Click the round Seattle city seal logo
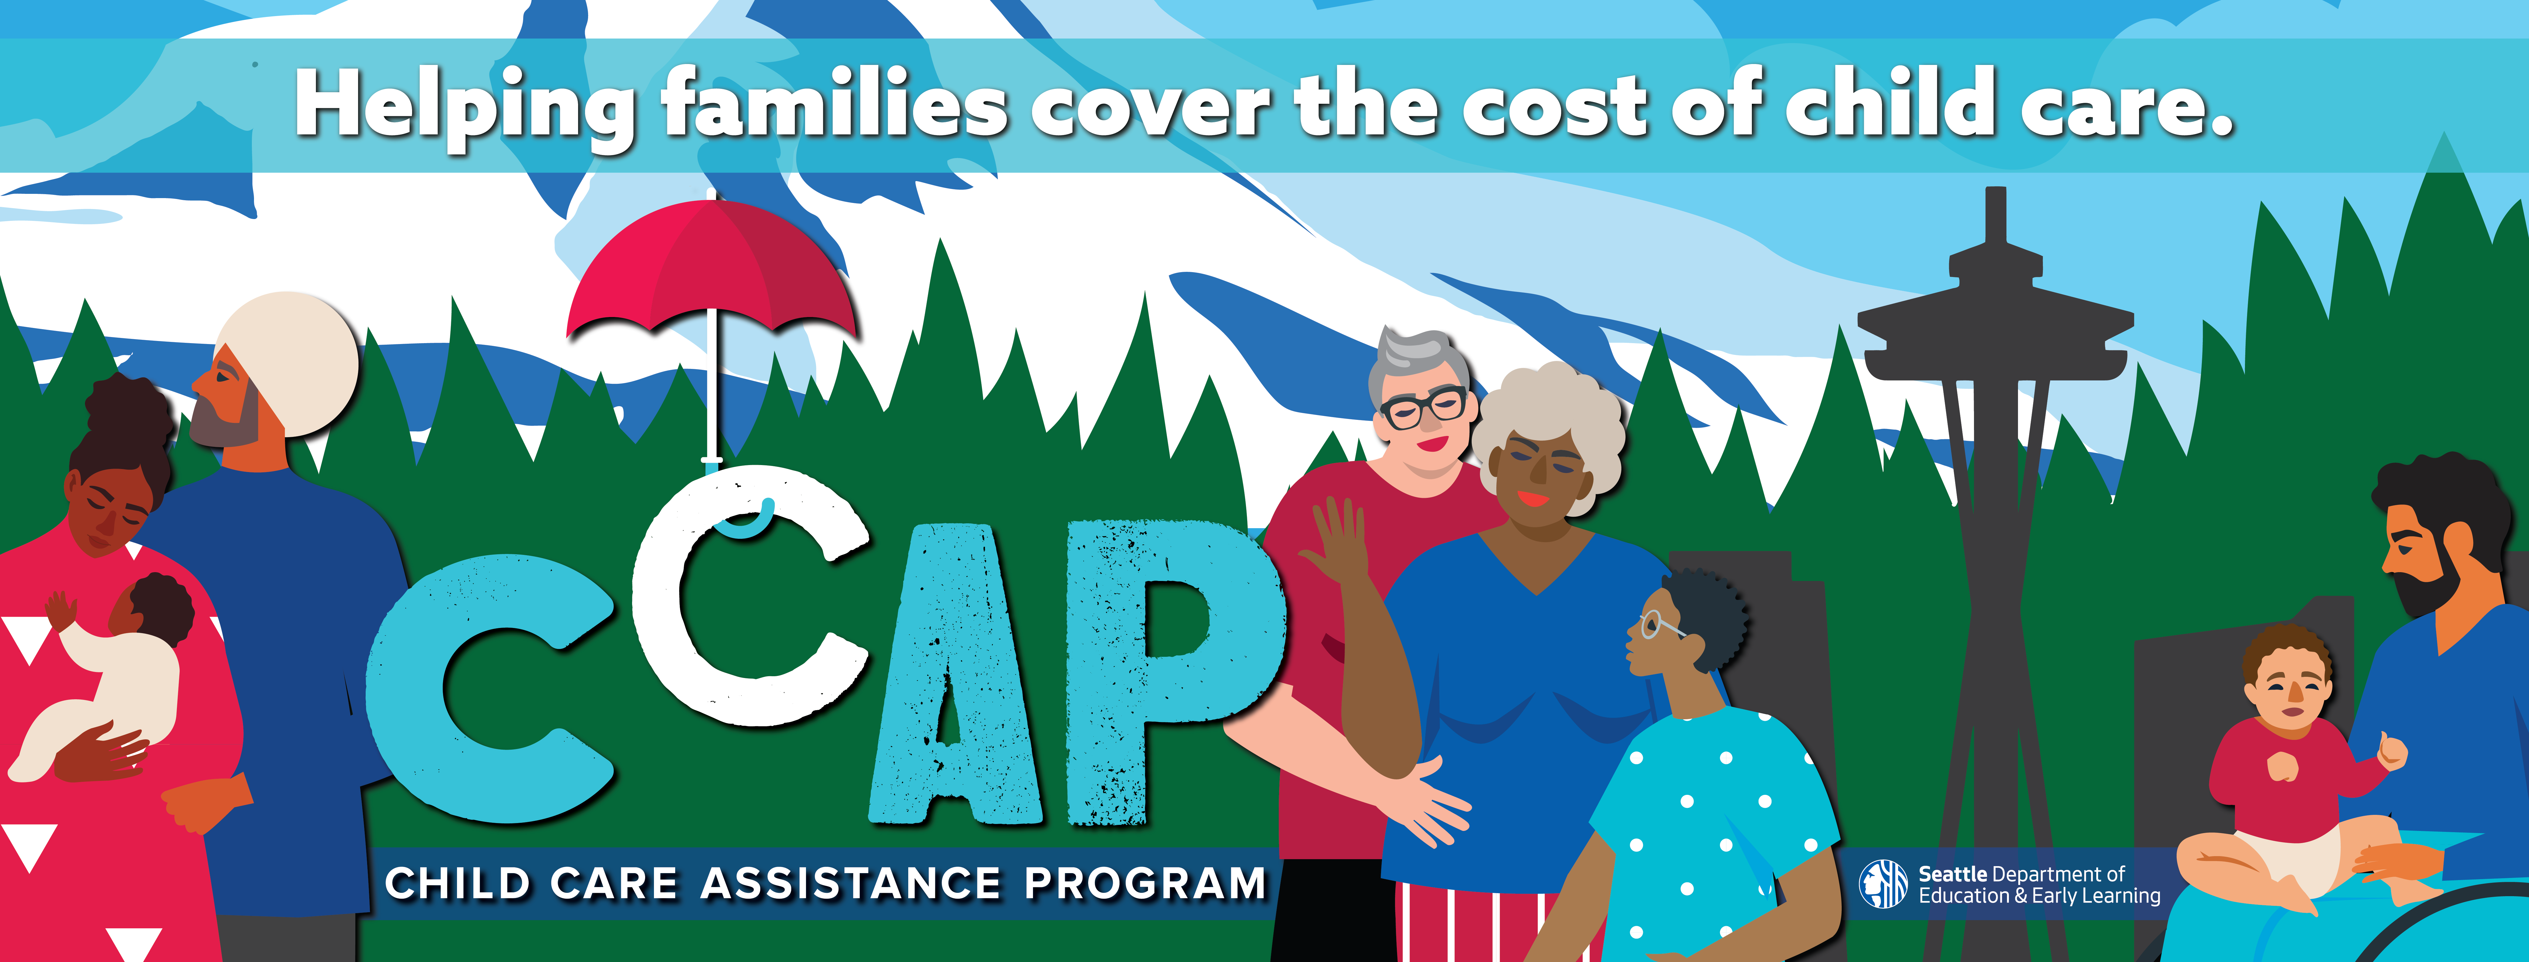click(x=1883, y=883)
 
